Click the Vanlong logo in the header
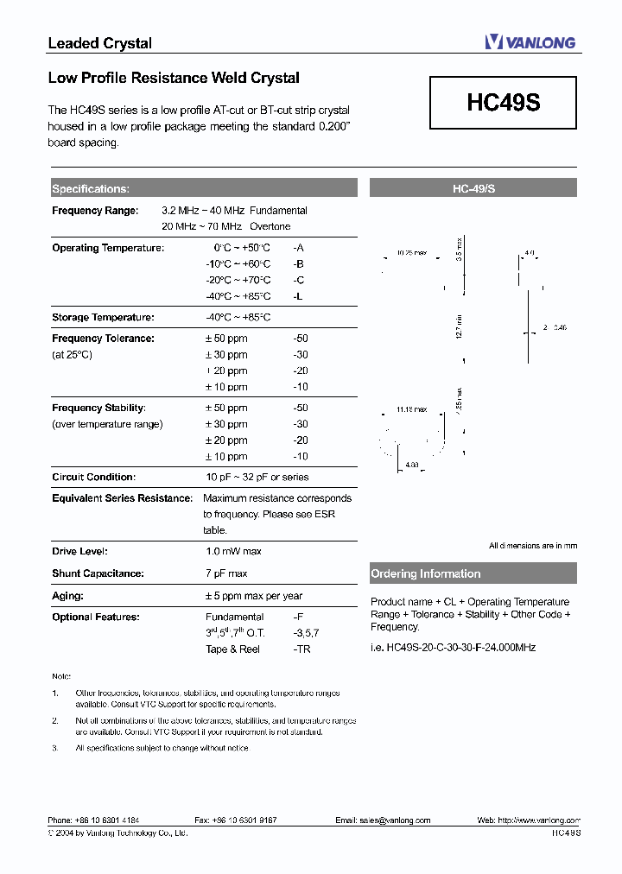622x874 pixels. [530, 41]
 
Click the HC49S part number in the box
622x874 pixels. [503, 103]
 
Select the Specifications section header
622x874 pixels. [91, 189]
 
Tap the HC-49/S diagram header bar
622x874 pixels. [473, 188]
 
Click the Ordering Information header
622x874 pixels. [425, 573]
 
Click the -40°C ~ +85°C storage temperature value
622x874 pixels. [238, 318]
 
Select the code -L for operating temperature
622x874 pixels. [297, 296]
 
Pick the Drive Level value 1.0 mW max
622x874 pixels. [233, 551]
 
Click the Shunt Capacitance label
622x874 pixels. [98, 573]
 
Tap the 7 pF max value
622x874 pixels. [226, 573]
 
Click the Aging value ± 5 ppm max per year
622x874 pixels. [253, 596]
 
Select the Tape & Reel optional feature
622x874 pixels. [232, 649]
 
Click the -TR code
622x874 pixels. [301, 649]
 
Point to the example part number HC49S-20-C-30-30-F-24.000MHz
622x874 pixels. [453, 647]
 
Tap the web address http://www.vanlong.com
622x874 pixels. [540, 820]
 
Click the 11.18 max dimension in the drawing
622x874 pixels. [411, 408]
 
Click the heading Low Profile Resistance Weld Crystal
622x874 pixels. [174, 78]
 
